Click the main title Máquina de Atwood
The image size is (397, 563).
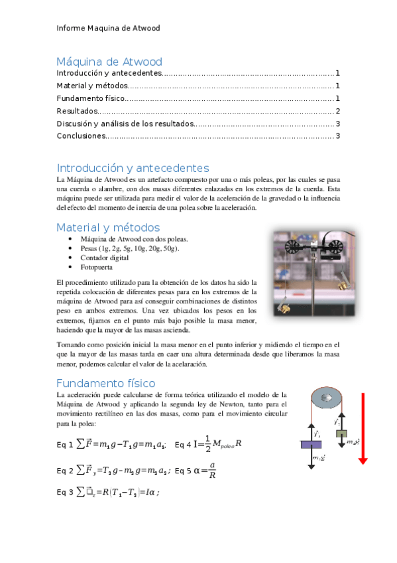point(109,62)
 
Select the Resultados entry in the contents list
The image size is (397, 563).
point(78,111)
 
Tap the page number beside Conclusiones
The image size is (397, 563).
point(338,136)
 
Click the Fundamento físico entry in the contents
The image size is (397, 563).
point(90,98)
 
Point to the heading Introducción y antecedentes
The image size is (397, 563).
point(133,168)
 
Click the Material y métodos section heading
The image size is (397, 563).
point(108,227)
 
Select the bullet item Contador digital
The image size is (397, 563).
point(104,258)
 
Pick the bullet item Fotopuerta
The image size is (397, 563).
point(96,268)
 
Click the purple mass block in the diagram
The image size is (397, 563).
point(311,445)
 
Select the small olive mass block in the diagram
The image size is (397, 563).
point(341,434)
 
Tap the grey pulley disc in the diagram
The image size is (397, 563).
point(325,398)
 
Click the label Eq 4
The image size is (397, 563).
point(183,445)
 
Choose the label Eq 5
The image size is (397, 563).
point(183,471)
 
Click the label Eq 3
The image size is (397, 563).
point(65,493)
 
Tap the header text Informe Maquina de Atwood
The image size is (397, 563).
point(108,29)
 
